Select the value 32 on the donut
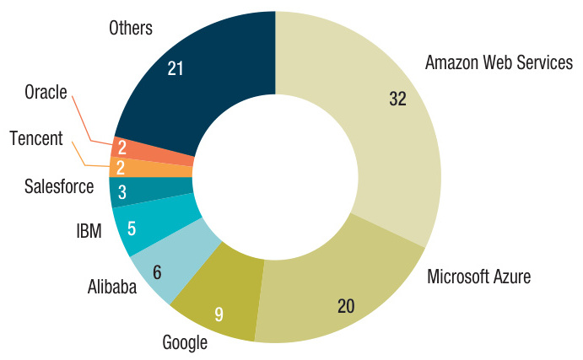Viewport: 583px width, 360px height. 397,99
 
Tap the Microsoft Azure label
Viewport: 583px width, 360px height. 479,277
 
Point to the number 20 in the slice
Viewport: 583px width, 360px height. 345,306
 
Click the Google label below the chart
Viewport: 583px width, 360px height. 184,342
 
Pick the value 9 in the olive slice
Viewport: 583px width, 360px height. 219,315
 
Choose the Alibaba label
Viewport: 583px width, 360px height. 112,287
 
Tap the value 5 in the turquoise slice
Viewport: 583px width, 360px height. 131,227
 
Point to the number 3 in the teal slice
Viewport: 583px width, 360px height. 122,192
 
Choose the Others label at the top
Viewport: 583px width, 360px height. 131,29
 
